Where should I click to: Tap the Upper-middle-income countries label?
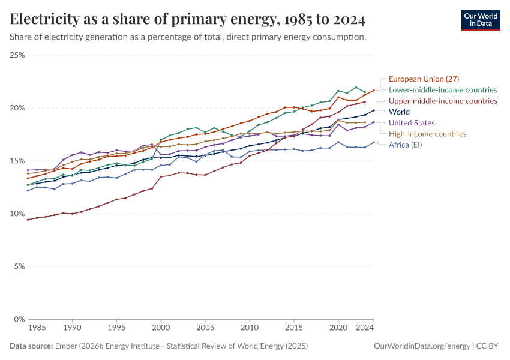click(x=443, y=101)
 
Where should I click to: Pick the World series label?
click(x=400, y=112)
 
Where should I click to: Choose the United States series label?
click(x=412, y=123)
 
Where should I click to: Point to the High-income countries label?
click(x=427, y=134)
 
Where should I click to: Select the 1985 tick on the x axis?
click(x=36, y=329)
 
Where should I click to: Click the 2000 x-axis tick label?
click(x=160, y=329)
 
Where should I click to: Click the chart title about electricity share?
click(x=188, y=20)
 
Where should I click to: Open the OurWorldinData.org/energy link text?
click(x=422, y=346)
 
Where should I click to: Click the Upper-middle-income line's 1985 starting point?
click(x=28, y=220)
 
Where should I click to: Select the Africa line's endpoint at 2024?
click(x=374, y=143)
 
